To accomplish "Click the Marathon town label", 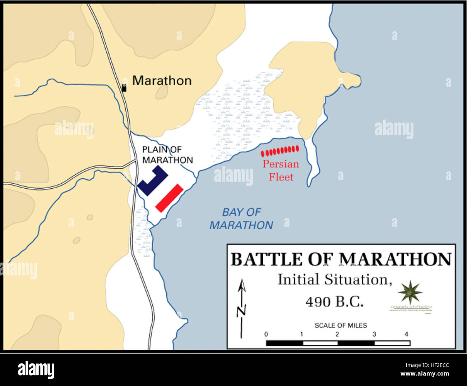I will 162,81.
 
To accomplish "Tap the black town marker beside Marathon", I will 124,88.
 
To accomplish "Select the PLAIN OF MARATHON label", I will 167,155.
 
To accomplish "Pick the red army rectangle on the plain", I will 169,198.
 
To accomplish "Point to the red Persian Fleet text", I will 281,170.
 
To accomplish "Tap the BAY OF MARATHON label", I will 241,219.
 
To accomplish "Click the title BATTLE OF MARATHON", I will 341,259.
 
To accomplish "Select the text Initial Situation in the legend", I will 334,280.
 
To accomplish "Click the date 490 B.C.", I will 334,302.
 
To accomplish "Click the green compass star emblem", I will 410,291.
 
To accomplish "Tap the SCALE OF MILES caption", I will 341,326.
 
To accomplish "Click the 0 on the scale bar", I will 266,334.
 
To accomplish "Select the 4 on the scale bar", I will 406,334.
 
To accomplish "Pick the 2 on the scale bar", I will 337,334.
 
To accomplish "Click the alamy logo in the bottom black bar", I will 36,369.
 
